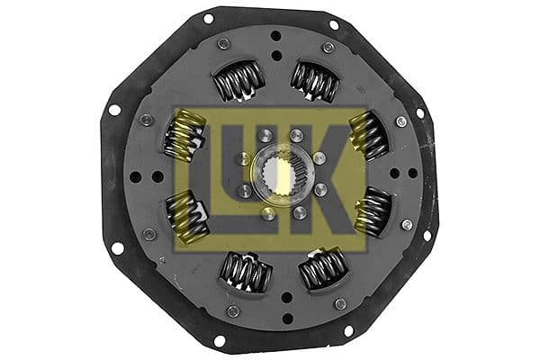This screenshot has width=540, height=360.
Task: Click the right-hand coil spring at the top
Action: pos(314,82)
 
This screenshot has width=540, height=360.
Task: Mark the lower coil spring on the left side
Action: pos(186,216)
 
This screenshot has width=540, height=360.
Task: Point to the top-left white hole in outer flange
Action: pos(208,18)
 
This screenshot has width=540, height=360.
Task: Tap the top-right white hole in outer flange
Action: pos(334,24)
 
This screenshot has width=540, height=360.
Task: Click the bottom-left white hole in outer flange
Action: pos(218,341)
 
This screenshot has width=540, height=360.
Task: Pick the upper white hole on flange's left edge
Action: pos(114,110)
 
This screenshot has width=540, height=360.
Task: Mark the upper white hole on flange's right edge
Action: pos(419,114)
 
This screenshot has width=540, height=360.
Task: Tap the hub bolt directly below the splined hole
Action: pos(267,212)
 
